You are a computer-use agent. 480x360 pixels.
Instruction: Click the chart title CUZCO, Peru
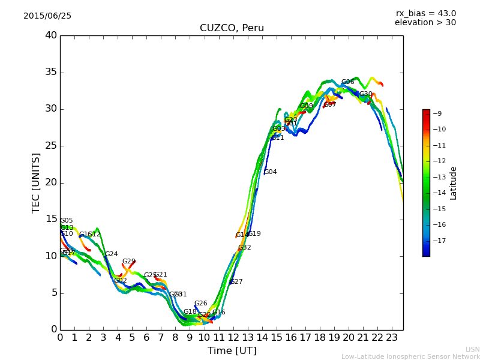(232, 28)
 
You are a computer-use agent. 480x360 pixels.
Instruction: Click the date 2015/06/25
(47, 16)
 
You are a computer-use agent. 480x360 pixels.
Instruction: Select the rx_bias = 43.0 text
(425, 13)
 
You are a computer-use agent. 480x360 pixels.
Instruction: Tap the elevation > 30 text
(425, 23)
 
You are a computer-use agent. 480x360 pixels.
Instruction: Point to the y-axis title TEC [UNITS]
(36, 182)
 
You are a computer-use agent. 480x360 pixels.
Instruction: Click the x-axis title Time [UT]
(232, 350)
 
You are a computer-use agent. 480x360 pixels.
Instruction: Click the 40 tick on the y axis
(51, 35)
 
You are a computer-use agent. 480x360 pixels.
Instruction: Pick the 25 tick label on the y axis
(51, 146)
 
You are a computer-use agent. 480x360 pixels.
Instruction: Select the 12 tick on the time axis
(233, 337)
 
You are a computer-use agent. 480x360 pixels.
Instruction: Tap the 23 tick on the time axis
(392, 337)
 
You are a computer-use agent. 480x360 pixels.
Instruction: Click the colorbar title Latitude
(454, 183)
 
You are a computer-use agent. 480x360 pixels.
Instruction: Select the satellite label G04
(270, 172)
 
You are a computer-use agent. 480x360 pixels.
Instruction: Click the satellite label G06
(347, 82)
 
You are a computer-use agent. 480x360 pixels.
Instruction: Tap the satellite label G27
(236, 282)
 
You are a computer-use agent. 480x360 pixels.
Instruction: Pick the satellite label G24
(112, 254)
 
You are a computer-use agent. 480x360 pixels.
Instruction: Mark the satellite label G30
(365, 94)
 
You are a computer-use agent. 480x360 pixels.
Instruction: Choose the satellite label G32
(244, 248)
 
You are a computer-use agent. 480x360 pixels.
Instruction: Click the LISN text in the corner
(472, 349)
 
